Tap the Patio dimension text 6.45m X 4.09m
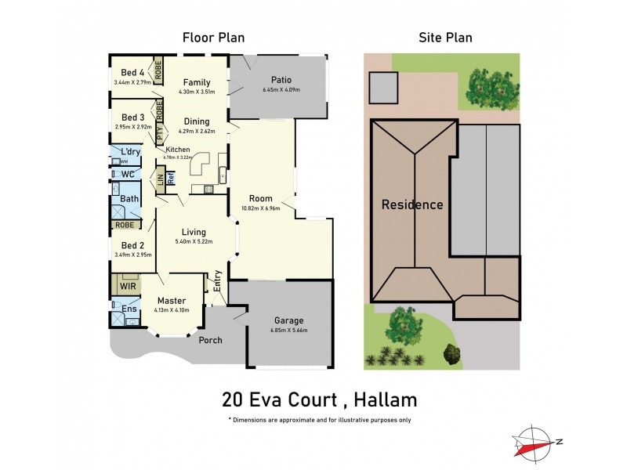[281, 89]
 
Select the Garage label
[289, 320]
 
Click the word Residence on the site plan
[412, 205]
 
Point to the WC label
[128, 174]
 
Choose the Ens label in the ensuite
[128, 310]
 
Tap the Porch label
[210, 340]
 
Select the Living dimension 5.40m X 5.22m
[194, 242]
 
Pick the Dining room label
[197, 121]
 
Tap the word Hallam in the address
[383, 400]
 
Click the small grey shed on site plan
[383, 88]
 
